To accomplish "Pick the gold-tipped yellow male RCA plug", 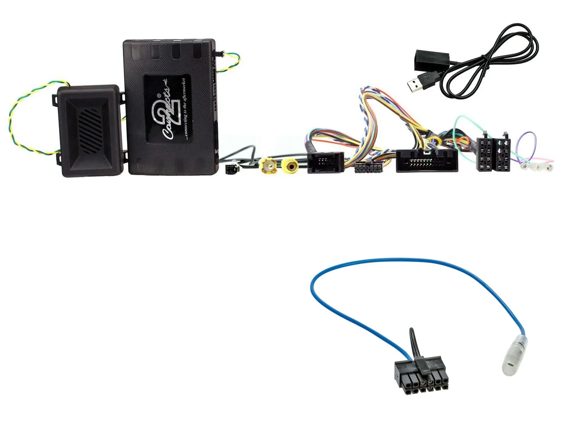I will [x=268, y=165].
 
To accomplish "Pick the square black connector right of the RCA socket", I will [x=326, y=162].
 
